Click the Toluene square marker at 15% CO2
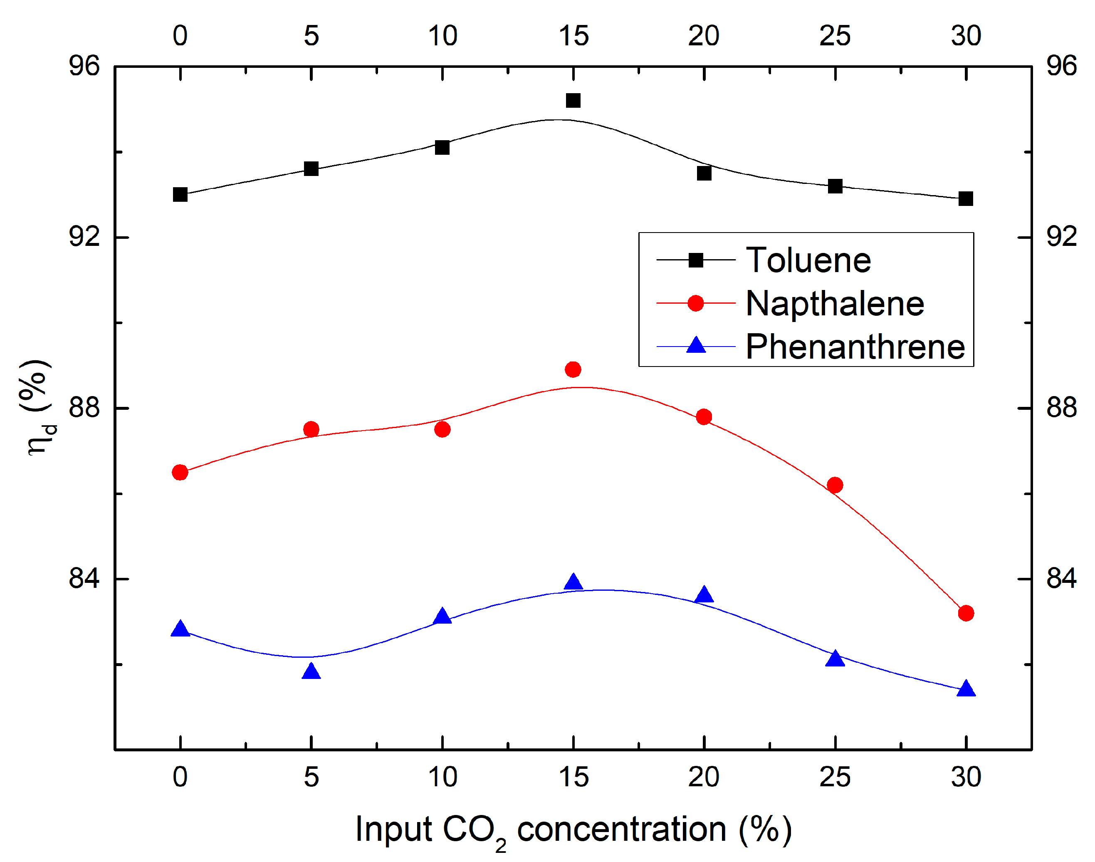tap(573, 100)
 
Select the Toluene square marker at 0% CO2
tap(180, 194)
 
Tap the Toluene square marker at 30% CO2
tap(965, 198)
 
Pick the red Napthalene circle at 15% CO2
tap(573, 369)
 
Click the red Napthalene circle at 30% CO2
tap(965, 613)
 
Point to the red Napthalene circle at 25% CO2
tap(835, 485)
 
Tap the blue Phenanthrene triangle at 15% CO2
tap(573, 582)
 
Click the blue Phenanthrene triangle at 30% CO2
tap(965, 689)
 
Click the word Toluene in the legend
tap(808, 260)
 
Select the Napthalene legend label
tap(835, 304)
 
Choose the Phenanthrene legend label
tap(855, 347)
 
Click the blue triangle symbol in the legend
tap(695, 345)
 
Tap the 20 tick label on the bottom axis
tap(704, 777)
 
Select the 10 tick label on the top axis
tap(442, 36)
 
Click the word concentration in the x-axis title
tap(621, 829)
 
